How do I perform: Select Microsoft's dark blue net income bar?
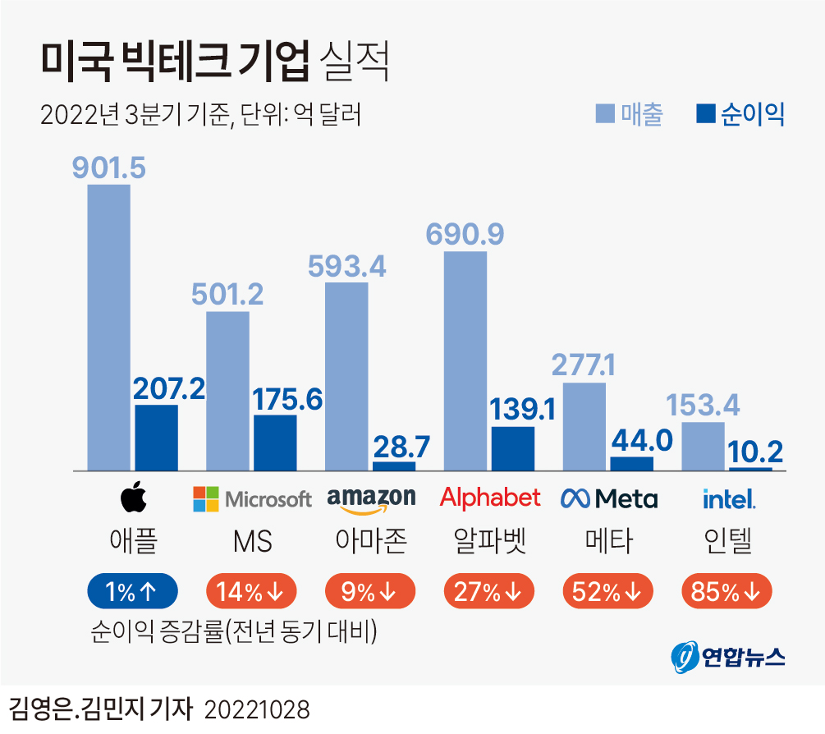pyautogui.click(x=275, y=443)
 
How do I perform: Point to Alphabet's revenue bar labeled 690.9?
pyautogui.click(x=465, y=361)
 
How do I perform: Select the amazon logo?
pyautogui.click(x=371, y=498)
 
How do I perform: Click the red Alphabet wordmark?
pyautogui.click(x=490, y=497)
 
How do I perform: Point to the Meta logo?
pyautogui.click(x=608, y=498)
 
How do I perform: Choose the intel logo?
pyautogui.click(x=728, y=498)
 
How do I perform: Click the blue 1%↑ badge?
pyautogui.click(x=132, y=590)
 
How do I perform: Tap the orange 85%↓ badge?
pyautogui.click(x=727, y=590)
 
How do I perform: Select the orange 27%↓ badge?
pyautogui.click(x=489, y=590)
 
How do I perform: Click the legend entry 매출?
pyautogui.click(x=630, y=114)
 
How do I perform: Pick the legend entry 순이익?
pyautogui.click(x=740, y=114)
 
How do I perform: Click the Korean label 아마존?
pyautogui.click(x=371, y=542)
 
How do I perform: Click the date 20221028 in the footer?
pyautogui.click(x=256, y=710)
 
